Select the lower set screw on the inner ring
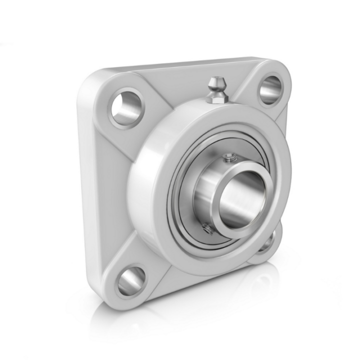[x=205, y=229]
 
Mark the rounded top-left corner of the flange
[x=92, y=80]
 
